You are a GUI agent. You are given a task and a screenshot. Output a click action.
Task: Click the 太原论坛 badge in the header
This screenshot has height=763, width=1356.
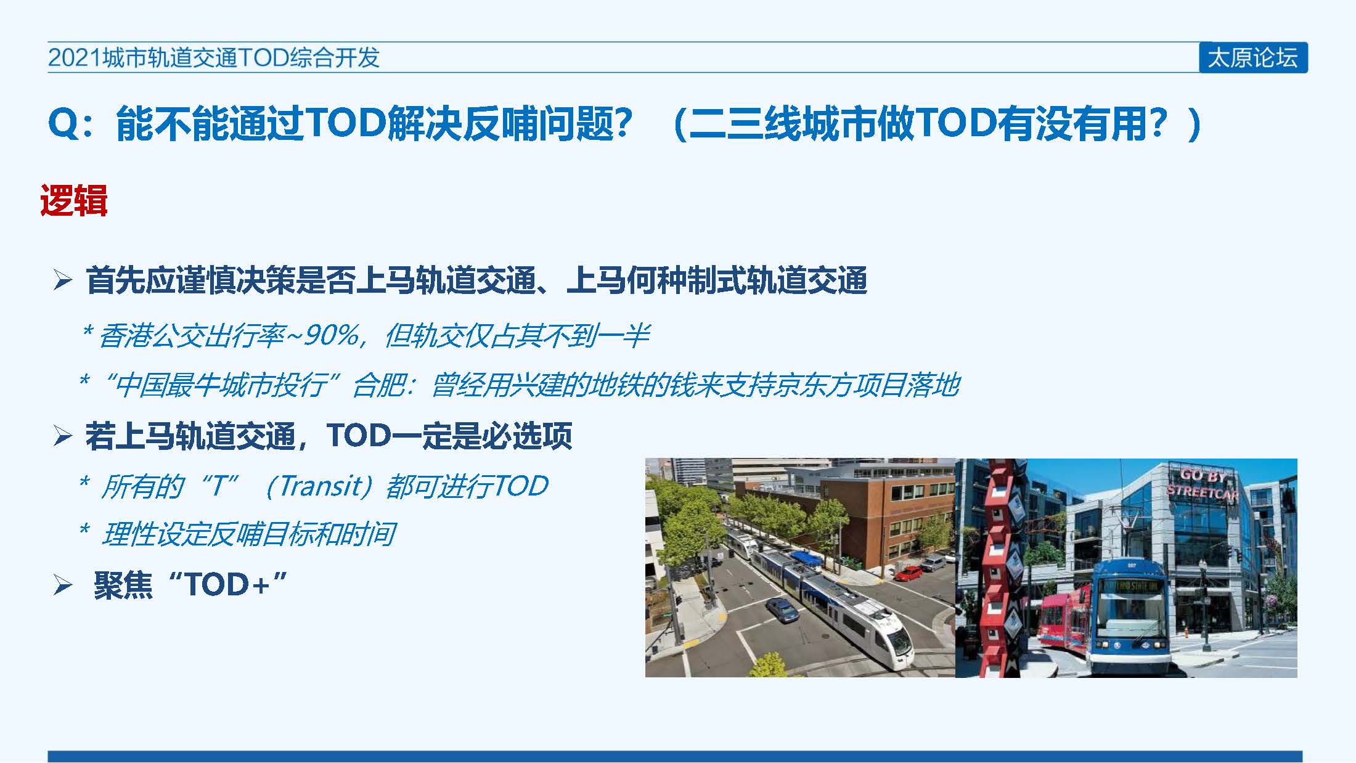[x=1253, y=57]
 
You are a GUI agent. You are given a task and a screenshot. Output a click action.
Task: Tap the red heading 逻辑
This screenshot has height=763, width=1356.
[x=73, y=200]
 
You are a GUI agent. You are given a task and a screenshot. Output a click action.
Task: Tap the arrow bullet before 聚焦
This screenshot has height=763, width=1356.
[x=63, y=584]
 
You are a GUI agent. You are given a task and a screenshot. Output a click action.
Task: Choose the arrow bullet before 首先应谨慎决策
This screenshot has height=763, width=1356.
[x=63, y=280]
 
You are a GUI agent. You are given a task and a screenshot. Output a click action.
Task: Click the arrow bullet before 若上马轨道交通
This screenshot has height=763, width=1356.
[x=63, y=436]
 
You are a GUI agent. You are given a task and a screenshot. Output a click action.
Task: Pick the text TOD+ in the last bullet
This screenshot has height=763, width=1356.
[x=227, y=584]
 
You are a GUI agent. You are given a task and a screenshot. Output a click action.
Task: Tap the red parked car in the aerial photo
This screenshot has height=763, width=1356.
[x=909, y=574]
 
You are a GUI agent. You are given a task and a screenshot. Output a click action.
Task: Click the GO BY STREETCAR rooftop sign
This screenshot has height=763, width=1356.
[x=1203, y=484]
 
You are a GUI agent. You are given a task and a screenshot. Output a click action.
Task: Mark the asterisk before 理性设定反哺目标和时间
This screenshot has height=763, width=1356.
[x=85, y=529]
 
